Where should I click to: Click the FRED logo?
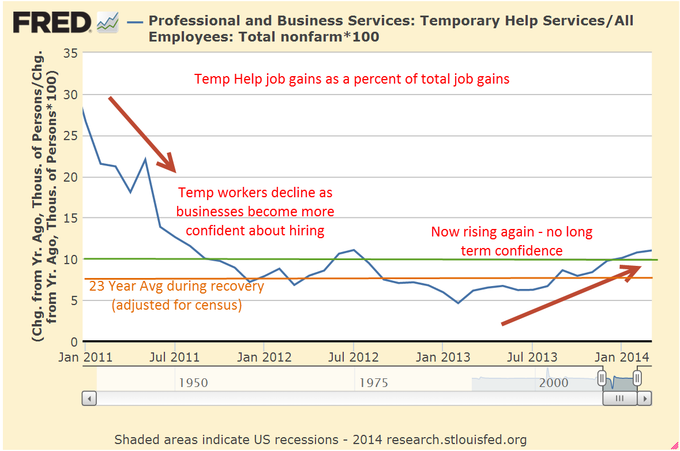tap(52, 22)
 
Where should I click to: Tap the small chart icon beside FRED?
tap(107, 23)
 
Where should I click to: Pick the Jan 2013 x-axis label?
tap(442, 358)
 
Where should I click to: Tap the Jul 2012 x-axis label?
tap(352, 358)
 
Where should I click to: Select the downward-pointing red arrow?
tap(142, 134)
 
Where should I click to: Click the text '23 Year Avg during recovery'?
tap(176, 286)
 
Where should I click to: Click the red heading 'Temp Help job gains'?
tap(352, 79)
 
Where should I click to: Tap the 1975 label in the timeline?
tap(374, 383)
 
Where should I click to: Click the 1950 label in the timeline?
tap(193, 383)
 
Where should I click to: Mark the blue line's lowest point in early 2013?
tap(458, 303)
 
